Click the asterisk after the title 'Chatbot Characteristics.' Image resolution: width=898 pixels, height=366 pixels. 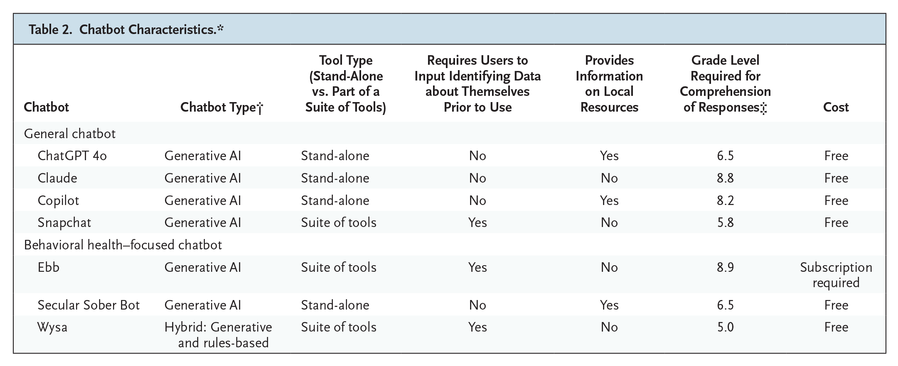pos(220,28)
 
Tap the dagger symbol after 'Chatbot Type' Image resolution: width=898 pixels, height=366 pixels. pos(260,108)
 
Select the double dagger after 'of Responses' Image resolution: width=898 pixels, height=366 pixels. pos(763,108)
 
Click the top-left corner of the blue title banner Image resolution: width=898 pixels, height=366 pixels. pos(14,14)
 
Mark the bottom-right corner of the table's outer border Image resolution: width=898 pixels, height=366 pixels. pos(886,353)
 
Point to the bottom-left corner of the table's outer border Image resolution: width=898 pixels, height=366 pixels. pos(14,353)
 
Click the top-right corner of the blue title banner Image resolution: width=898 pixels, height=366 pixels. pos(886,14)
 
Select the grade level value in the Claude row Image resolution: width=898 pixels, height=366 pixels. pos(725,178)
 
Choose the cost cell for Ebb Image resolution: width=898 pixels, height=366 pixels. pos(836,275)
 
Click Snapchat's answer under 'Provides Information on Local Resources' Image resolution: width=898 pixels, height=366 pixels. pos(609,222)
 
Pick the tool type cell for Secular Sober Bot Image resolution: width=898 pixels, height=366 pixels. pos(335,305)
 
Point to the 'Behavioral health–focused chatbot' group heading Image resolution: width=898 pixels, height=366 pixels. pos(123,245)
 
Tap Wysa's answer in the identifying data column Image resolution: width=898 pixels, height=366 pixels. pos(477,327)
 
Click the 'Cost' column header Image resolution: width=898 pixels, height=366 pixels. pos(836,107)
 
